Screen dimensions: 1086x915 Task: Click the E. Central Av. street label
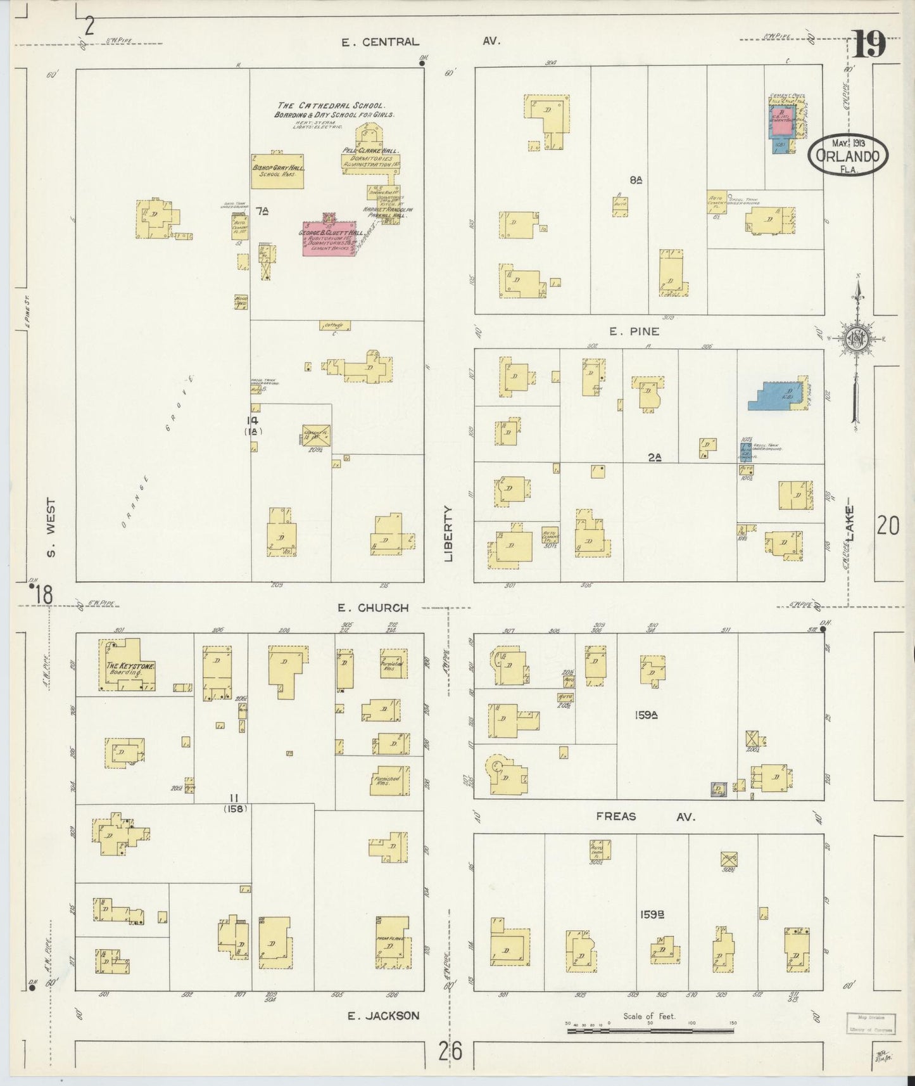pyautogui.click(x=420, y=41)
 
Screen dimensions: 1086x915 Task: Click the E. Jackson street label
pyautogui.click(x=382, y=1015)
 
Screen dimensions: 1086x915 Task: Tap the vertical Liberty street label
pyautogui.click(x=450, y=533)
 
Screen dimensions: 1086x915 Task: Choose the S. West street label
pyautogui.click(x=51, y=527)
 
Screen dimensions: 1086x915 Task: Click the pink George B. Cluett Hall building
pyautogui.click(x=329, y=239)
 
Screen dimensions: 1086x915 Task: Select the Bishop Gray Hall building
pyautogui.click(x=277, y=171)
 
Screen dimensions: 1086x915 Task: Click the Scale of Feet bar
pyautogui.click(x=650, y=1031)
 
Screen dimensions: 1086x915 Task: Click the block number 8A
pyautogui.click(x=636, y=180)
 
